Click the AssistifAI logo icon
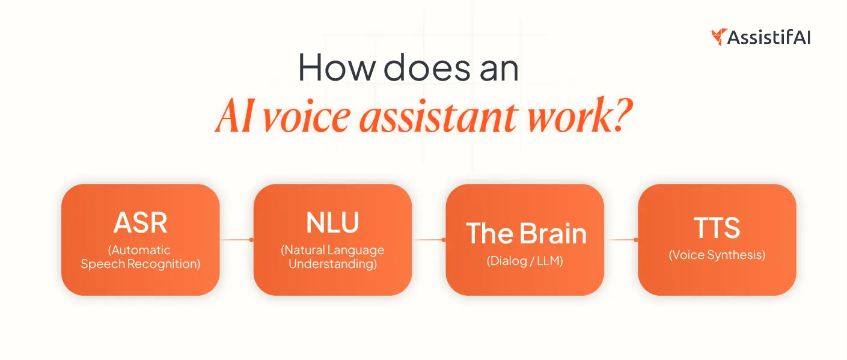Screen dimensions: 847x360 coord(718,37)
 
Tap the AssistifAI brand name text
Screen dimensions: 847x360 coord(769,37)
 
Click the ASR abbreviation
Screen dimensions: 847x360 coord(140,223)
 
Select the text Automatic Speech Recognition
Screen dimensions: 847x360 coord(140,257)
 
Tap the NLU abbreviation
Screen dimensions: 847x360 coord(332,222)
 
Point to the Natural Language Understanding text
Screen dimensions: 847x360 coord(332,257)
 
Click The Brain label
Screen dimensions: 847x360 coord(525,234)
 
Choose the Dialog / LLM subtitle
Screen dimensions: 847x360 coord(525,261)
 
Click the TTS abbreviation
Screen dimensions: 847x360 coord(717,228)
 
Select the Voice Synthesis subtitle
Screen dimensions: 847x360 coord(717,255)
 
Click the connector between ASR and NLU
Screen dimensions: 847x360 coord(236,240)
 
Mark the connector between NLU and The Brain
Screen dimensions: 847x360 coord(429,240)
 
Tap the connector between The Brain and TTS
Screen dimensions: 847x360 coord(621,240)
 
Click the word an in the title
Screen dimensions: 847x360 coord(497,69)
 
